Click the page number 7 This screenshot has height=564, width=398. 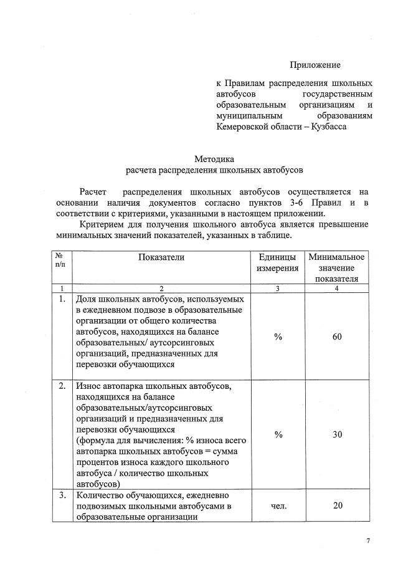[x=368, y=541]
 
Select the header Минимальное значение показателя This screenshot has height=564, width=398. [x=337, y=267]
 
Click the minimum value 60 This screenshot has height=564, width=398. [x=337, y=337]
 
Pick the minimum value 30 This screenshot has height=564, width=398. [x=337, y=434]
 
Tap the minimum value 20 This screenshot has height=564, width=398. [x=337, y=505]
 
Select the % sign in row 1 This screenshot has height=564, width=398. [x=278, y=337]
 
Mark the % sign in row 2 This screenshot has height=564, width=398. [x=278, y=434]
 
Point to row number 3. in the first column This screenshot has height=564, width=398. [x=62, y=495]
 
